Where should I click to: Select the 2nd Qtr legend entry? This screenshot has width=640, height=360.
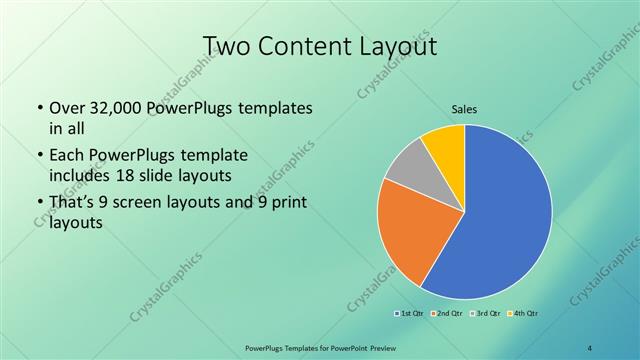pyautogui.click(x=447, y=314)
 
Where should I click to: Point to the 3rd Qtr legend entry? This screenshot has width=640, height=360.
pyautogui.click(x=484, y=314)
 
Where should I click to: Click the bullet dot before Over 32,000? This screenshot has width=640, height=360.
pyautogui.click(x=38, y=108)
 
